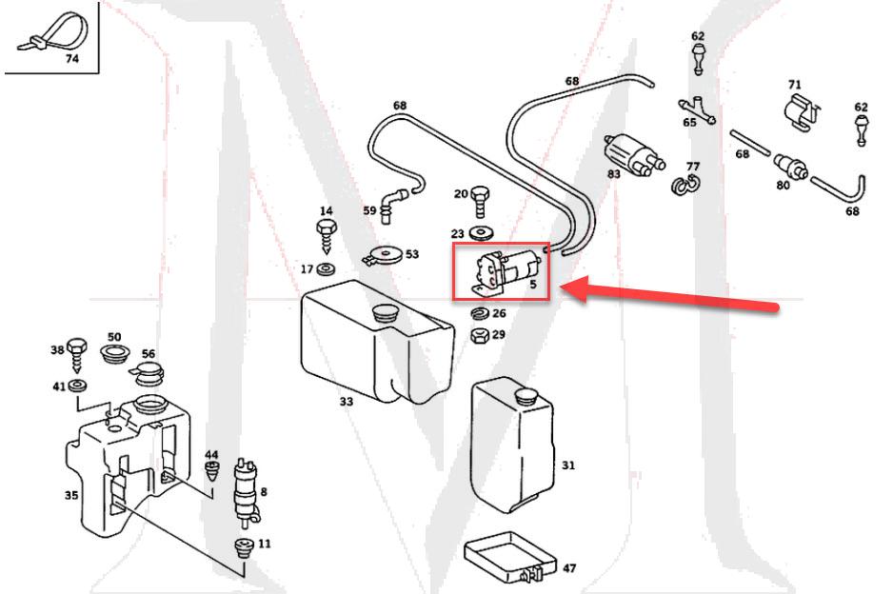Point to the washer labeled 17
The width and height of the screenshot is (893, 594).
[x=326, y=269]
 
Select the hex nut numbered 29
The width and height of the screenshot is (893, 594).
[x=481, y=335]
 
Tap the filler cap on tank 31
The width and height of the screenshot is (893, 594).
[x=524, y=394]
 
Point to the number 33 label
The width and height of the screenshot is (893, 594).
[x=346, y=402]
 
